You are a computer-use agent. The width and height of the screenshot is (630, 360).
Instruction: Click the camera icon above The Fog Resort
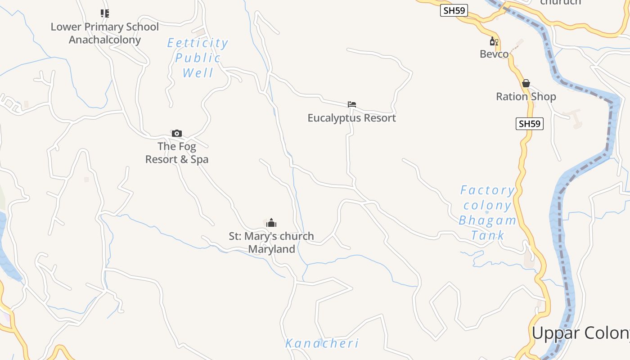tap(177, 133)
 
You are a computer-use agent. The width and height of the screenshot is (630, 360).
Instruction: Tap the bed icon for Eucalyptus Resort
tap(352, 104)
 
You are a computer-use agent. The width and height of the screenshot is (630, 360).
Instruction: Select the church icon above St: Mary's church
tap(271, 223)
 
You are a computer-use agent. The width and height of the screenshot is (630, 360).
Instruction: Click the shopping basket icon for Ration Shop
tap(526, 83)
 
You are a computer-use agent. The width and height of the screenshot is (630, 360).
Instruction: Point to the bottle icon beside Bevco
tap(494, 41)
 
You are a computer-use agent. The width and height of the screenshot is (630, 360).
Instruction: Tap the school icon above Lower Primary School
tap(105, 13)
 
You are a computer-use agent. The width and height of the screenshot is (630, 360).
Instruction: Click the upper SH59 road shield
tap(454, 10)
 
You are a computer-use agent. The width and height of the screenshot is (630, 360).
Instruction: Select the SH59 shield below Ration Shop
tap(529, 123)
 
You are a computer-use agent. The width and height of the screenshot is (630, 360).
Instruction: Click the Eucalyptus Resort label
tap(351, 118)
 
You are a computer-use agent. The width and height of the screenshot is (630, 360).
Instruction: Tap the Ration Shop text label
tap(526, 96)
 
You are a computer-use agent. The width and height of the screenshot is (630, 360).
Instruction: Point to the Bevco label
tap(494, 54)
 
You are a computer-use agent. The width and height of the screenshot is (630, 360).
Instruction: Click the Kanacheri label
tap(322, 343)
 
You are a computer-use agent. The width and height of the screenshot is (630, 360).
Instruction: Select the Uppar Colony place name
tap(580, 333)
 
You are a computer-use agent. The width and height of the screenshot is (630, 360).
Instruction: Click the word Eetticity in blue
tap(198, 43)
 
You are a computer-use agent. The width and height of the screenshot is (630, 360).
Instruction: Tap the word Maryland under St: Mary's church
tap(271, 249)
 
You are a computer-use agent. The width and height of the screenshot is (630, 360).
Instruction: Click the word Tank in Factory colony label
tap(488, 235)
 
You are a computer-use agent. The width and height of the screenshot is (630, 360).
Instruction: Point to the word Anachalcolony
tap(105, 40)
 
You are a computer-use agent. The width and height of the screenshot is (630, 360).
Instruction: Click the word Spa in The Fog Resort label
tap(199, 159)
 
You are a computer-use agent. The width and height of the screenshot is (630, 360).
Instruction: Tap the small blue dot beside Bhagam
tap(487, 212)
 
